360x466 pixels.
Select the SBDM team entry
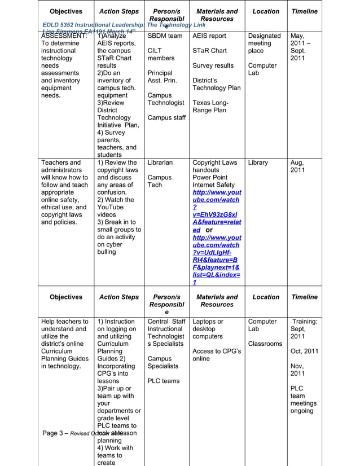pos(165,36)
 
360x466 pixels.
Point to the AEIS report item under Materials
pos(209,36)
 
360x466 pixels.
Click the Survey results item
pos(213,65)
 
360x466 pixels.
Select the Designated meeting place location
pos(264,43)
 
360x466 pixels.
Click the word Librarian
pos(164,163)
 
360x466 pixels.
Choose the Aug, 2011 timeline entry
pos(299,166)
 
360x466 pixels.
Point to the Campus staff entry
pos(166,118)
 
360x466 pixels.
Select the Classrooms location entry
pos(265,344)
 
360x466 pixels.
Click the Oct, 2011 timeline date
pos(304,351)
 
